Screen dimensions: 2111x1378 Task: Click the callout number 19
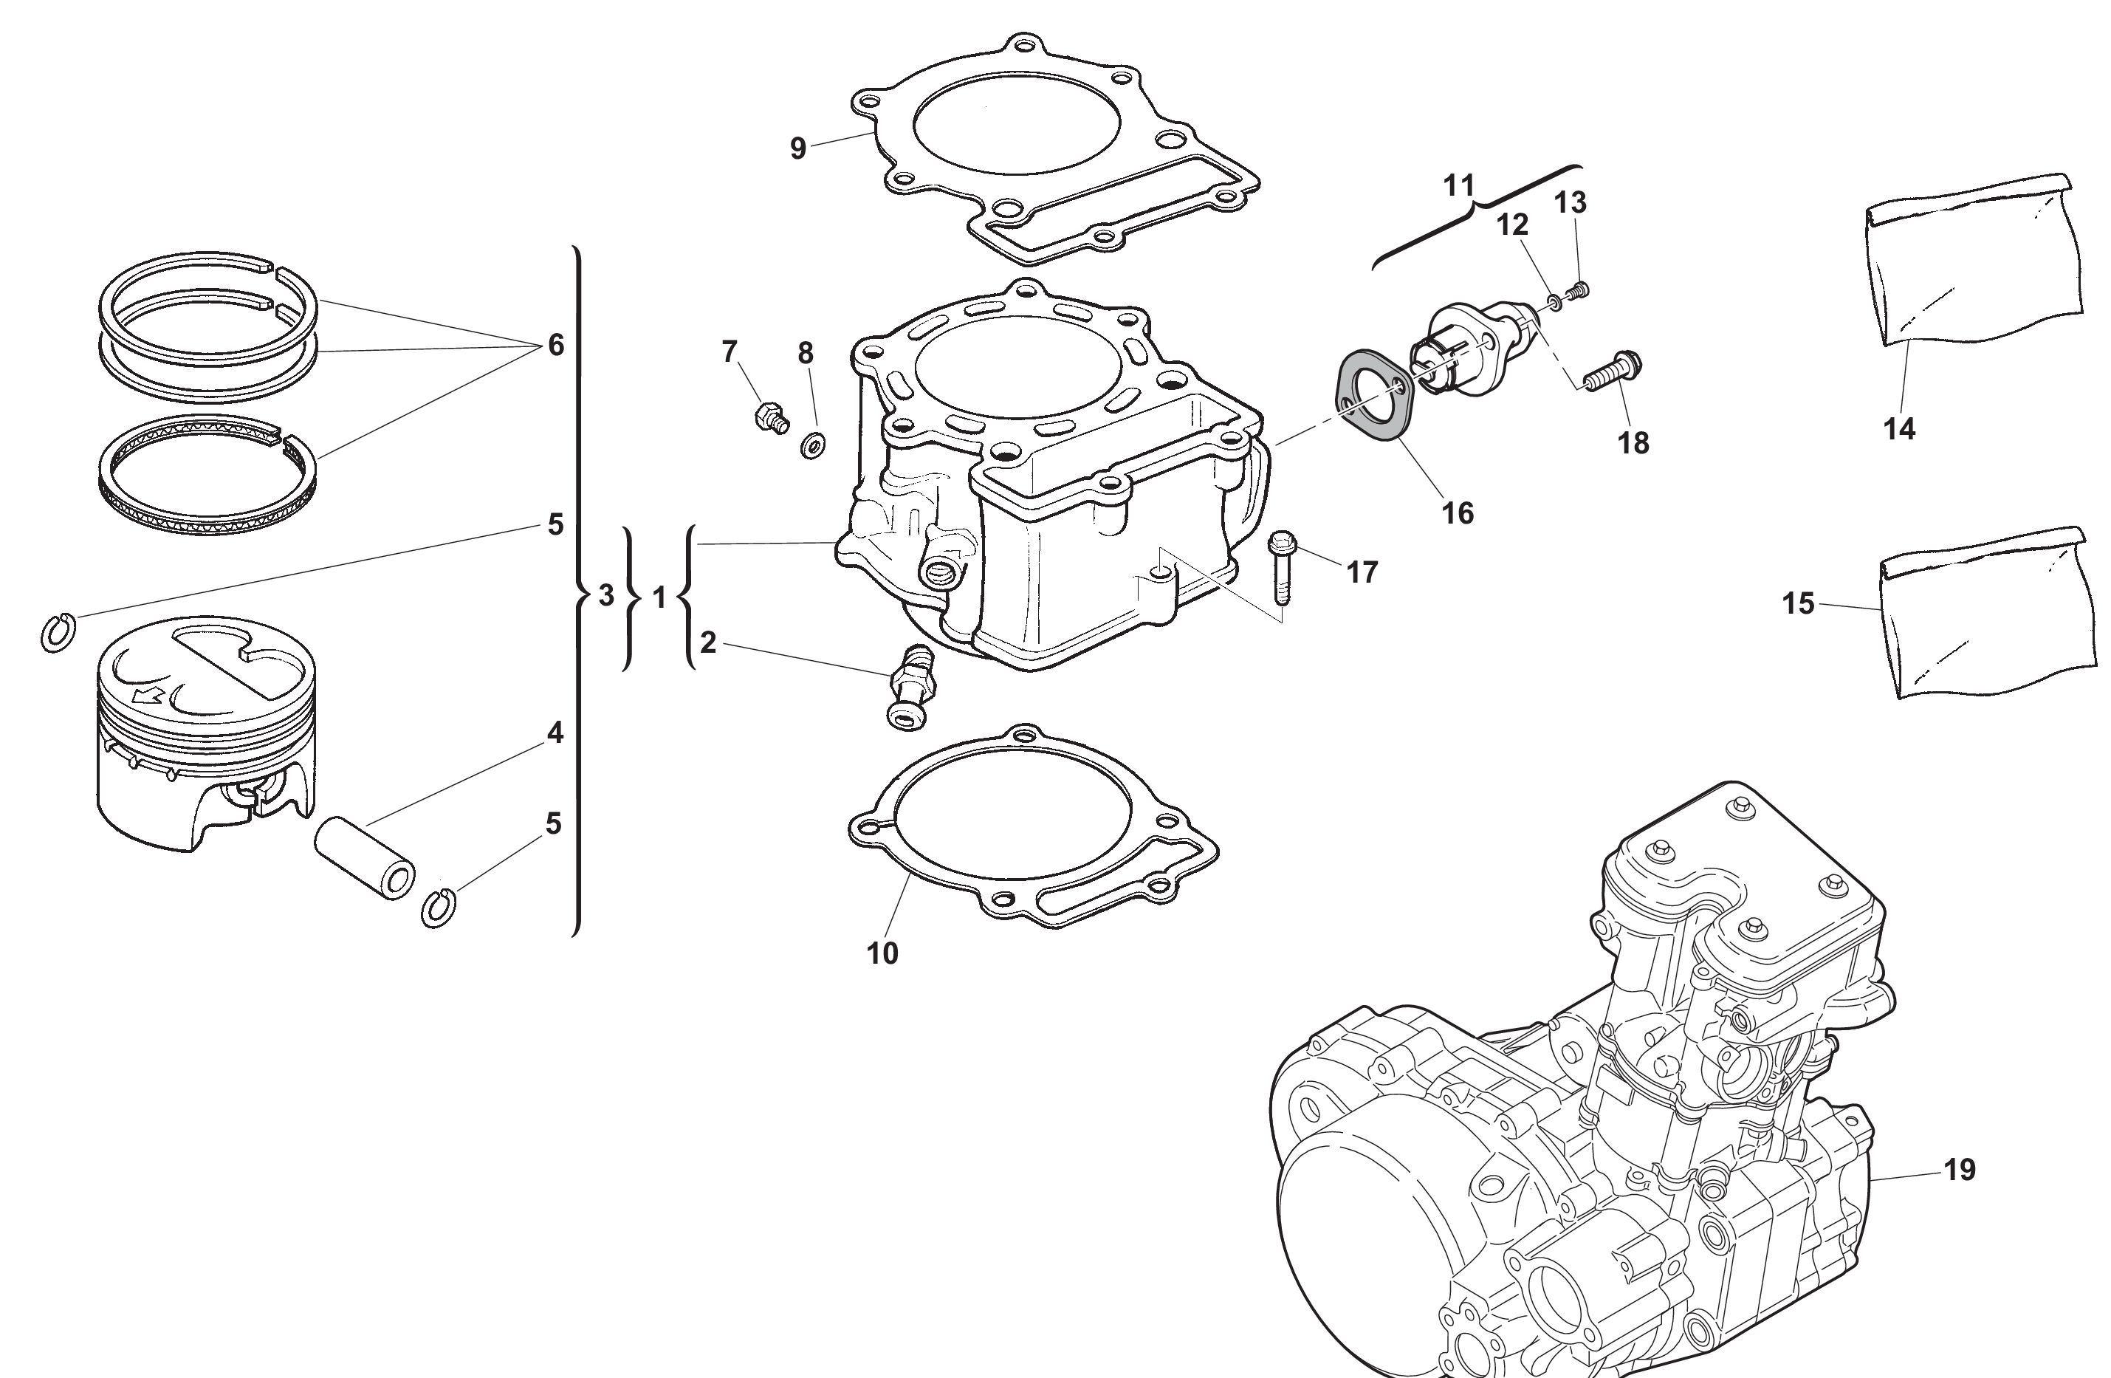tap(1960, 1170)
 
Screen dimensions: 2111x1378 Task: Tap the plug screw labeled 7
tap(771, 417)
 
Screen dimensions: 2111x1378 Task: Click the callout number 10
tap(882, 953)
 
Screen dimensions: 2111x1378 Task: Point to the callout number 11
tap(1459, 186)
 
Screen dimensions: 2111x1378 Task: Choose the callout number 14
tap(1899, 430)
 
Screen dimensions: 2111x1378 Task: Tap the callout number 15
tap(1799, 603)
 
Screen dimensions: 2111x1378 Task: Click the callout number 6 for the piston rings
tap(555, 345)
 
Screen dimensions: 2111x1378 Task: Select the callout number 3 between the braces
tap(605, 595)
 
